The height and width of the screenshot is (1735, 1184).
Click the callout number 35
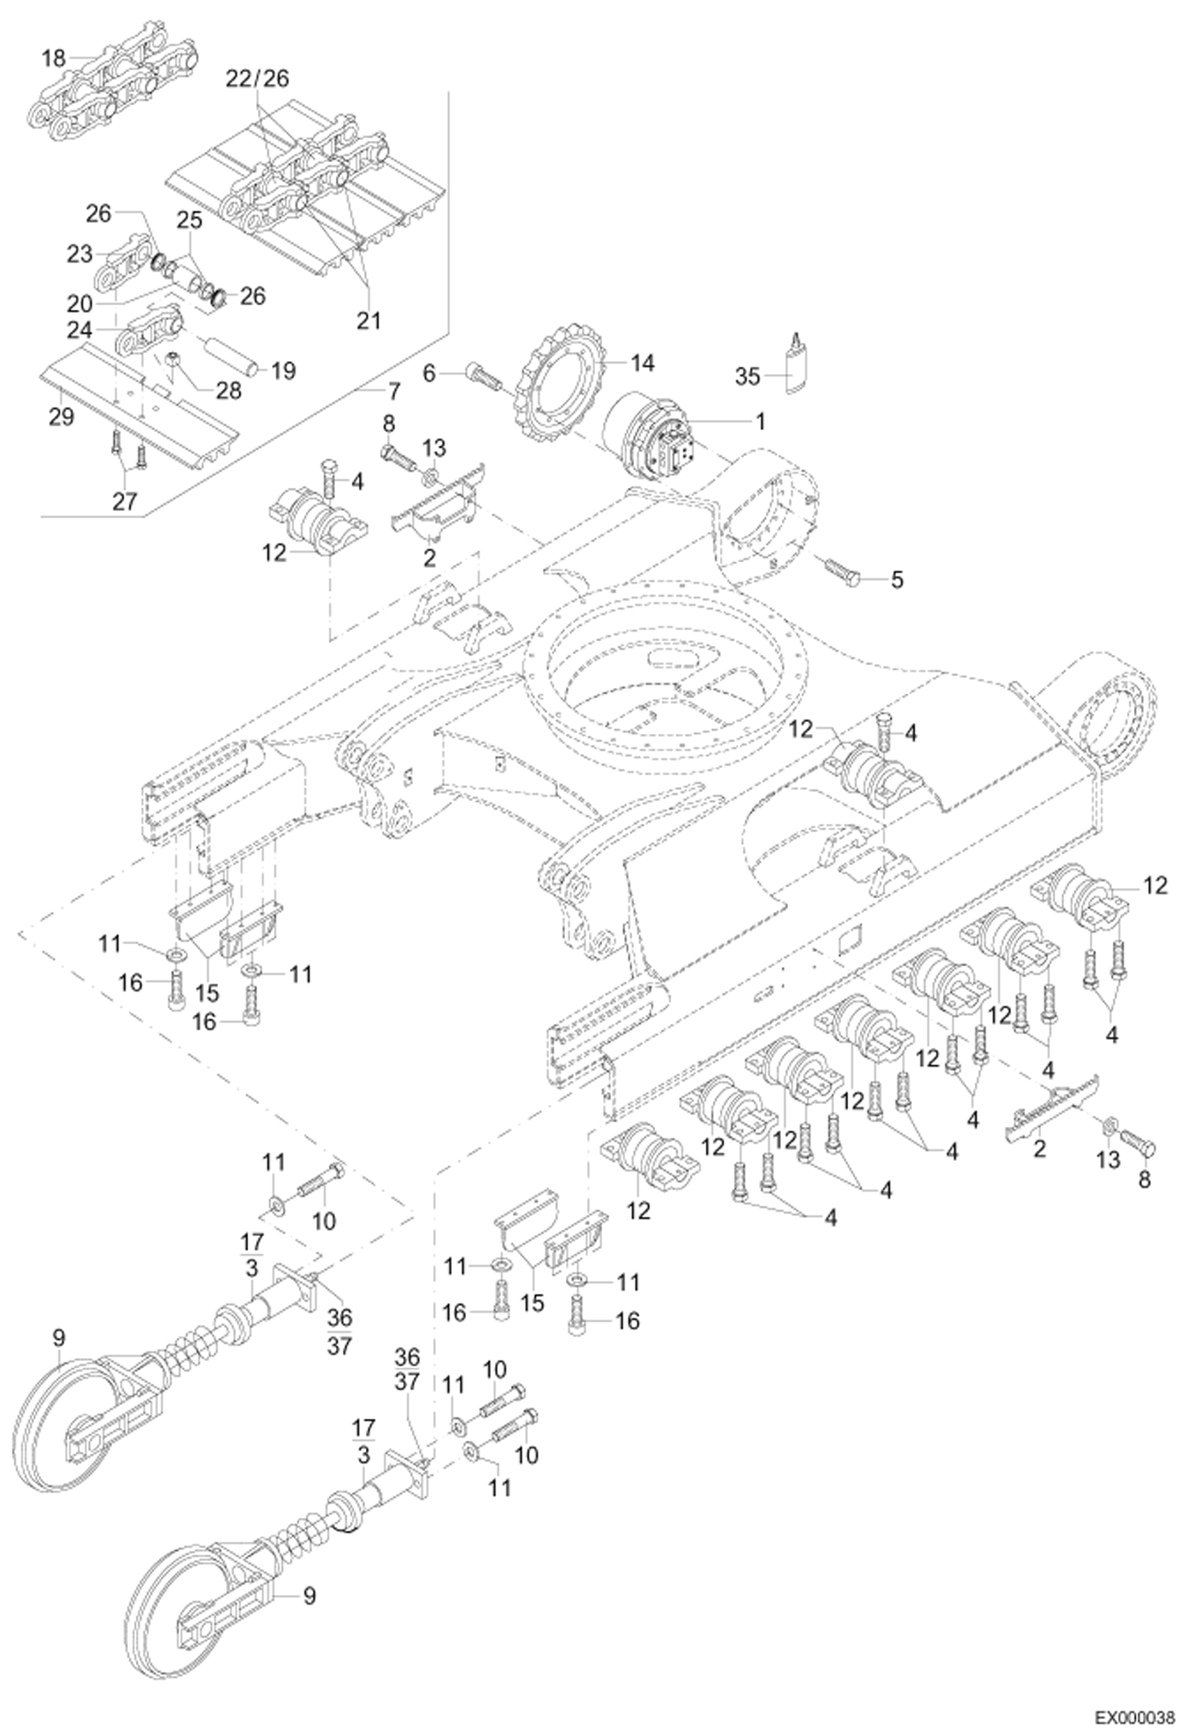[747, 376]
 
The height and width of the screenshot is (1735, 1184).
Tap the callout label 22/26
[258, 78]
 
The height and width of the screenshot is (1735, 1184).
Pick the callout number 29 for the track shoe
[61, 416]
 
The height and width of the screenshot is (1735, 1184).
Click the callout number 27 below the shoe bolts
[125, 501]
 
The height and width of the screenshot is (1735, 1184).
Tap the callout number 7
[393, 391]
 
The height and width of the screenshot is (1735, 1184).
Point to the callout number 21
[369, 320]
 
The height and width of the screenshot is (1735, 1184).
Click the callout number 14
[643, 364]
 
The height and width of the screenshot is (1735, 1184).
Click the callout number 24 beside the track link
[81, 329]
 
